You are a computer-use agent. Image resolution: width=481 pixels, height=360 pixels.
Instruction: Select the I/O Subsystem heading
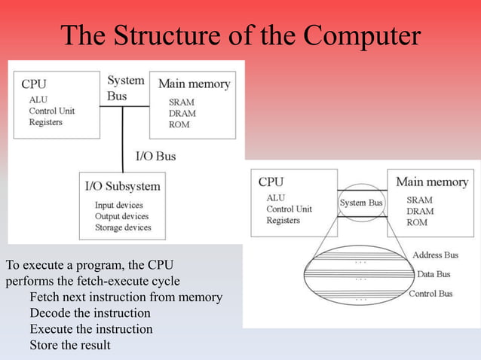pos(122,186)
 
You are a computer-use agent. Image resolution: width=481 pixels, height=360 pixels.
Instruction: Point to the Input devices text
pos(118,205)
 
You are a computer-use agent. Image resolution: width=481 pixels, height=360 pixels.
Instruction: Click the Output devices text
pos(122,216)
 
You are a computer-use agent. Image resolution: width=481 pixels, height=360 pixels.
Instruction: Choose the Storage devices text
pos(123,227)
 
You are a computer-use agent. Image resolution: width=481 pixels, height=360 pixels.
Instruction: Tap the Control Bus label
pos(430,294)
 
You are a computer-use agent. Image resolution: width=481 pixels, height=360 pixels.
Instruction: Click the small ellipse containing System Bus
pos(361,203)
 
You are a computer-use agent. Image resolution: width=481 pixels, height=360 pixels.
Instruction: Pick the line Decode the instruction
pos(90,313)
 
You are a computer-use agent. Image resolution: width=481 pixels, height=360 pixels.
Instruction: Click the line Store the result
pos(70,346)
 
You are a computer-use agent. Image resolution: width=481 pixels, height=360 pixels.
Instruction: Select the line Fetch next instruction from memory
pos(125,297)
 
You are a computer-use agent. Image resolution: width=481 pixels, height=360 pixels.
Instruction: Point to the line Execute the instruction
pos(90,329)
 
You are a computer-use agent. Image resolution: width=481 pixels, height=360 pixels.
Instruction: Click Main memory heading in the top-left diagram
pos(194,84)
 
